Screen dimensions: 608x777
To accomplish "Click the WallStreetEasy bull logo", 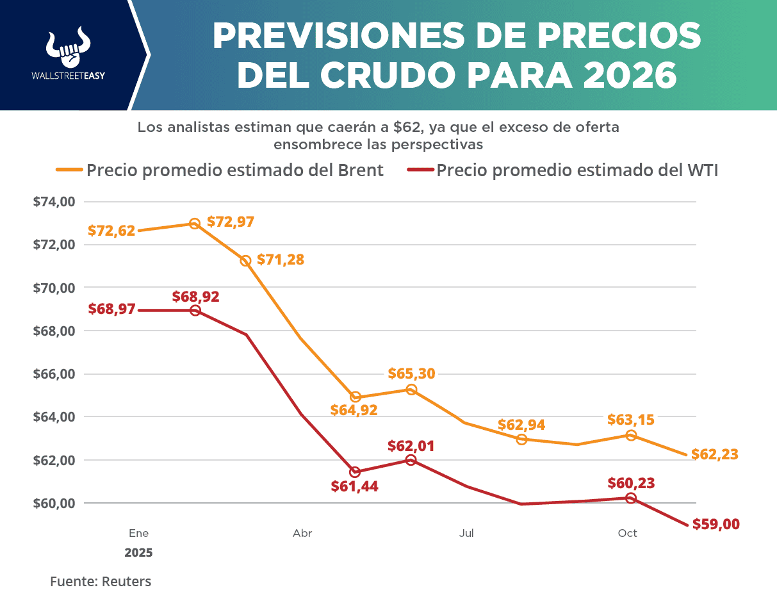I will (x=68, y=47).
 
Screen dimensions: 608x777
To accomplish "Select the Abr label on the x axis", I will (x=302, y=533).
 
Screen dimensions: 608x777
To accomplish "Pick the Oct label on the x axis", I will (x=627, y=533).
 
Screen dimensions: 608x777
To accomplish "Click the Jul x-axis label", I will (x=466, y=533).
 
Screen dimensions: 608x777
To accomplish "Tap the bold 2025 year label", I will (x=139, y=552).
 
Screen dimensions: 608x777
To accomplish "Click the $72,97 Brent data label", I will (x=231, y=222).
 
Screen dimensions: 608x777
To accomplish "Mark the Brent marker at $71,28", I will (x=245, y=261).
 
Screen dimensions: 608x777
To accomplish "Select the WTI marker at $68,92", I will (x=195, y=311).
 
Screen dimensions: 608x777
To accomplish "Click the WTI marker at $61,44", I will (x=355, y=472).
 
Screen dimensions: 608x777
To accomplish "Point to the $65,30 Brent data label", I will (x=411, y=374).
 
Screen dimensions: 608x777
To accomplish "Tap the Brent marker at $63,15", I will (x=631, y=436).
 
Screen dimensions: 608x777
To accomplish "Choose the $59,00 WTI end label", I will (x=716, y=524).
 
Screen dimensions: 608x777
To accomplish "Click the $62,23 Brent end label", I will (x=715, y=454).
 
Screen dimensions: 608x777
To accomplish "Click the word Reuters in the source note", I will (x=126, y=582).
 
